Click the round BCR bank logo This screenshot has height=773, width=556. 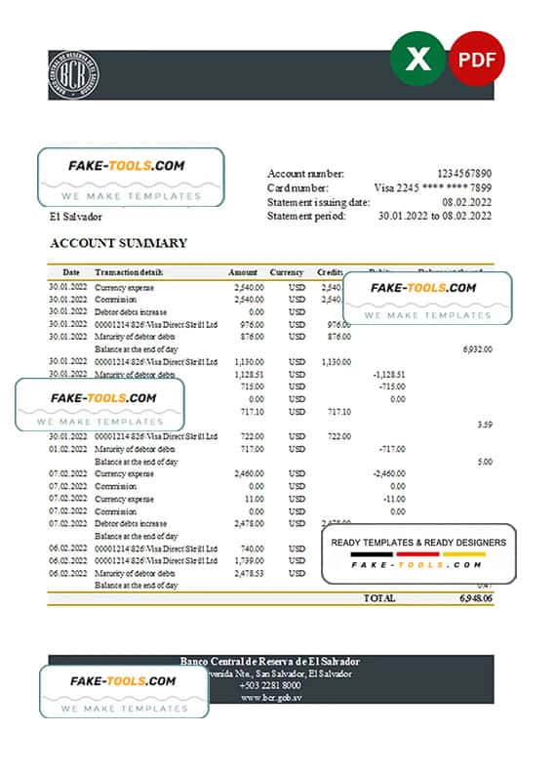74,75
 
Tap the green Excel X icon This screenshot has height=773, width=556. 417,59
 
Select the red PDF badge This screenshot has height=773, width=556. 477,60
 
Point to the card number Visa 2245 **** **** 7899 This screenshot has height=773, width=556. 433,187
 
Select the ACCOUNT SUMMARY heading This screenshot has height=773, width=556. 118,243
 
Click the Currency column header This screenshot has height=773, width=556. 287,272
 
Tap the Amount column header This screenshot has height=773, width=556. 243,272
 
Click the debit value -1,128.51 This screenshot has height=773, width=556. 388,374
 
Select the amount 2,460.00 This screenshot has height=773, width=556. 249,473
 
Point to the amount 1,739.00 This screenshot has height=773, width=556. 249,561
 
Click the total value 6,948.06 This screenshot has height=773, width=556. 472,597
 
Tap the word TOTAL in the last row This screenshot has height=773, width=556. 378,597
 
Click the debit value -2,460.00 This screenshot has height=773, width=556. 387,473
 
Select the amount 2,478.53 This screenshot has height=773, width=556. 249,574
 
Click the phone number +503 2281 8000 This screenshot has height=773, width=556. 270,686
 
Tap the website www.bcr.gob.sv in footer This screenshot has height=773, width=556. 270,699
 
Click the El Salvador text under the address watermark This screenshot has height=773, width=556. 76,217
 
